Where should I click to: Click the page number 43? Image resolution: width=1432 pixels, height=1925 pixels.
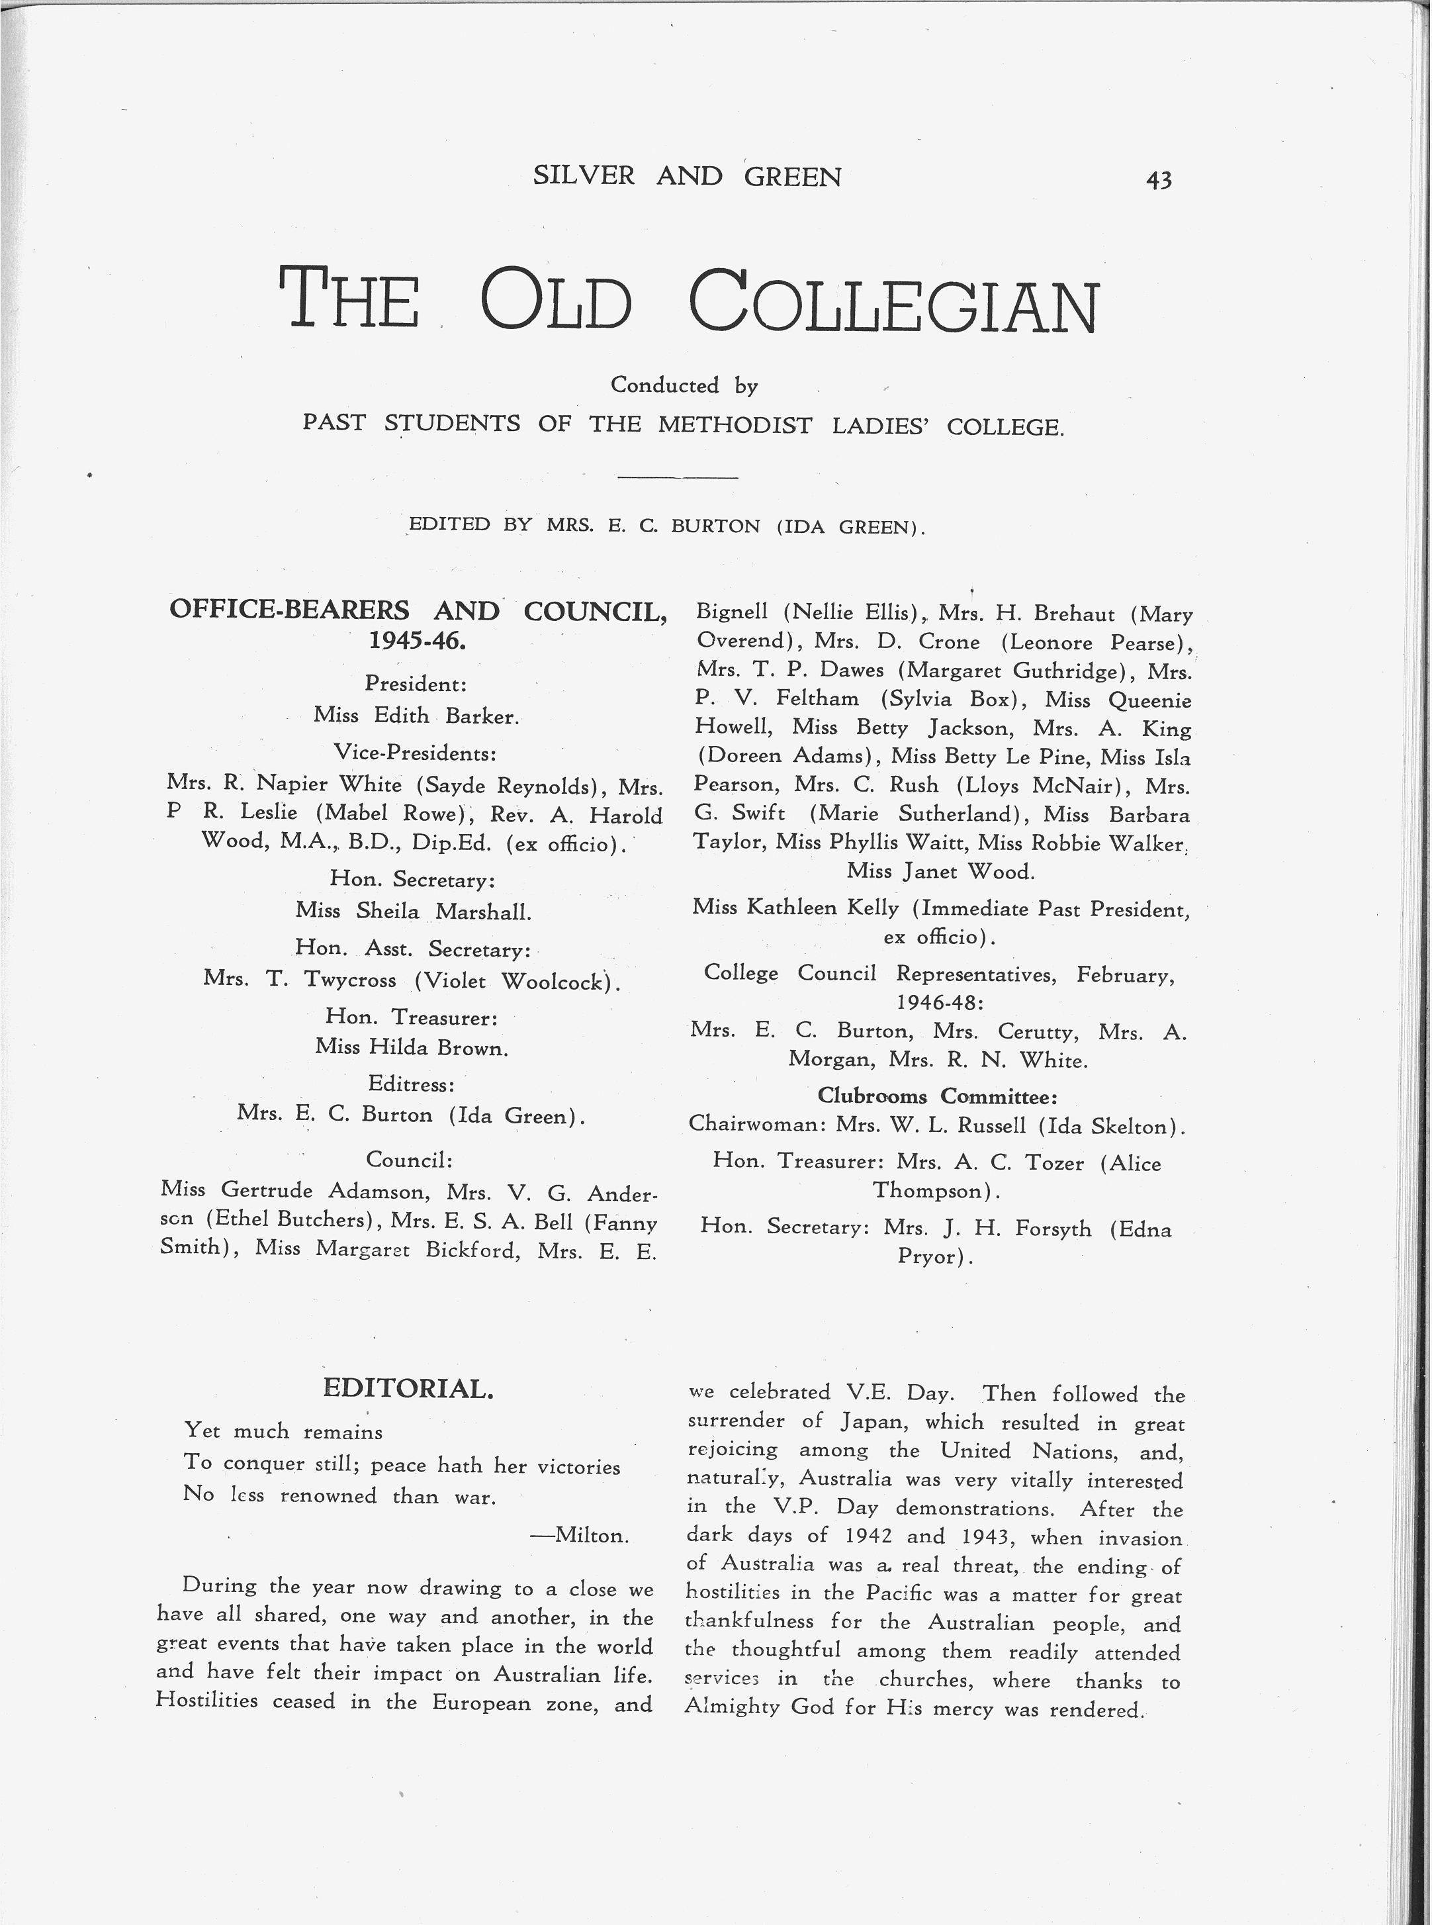[x=1158, y=179]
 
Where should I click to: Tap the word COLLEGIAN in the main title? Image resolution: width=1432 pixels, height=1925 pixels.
[x=894, y=300]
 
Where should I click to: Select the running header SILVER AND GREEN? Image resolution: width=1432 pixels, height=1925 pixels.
[x=686, y=176]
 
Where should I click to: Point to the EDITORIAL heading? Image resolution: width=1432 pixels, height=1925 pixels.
[x=408, y=1388]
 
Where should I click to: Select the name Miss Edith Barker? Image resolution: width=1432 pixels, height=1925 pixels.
[x=416, y=716]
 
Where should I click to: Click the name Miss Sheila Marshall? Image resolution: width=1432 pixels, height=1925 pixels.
[x=413, y=912]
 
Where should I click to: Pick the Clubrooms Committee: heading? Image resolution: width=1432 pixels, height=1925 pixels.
[x=938, y=1096]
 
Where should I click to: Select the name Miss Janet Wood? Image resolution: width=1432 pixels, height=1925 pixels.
[x=940, y=870]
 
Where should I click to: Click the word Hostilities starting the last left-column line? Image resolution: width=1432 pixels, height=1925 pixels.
[x=207, y=1701]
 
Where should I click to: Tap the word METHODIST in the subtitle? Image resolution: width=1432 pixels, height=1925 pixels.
[x=735, y=425]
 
